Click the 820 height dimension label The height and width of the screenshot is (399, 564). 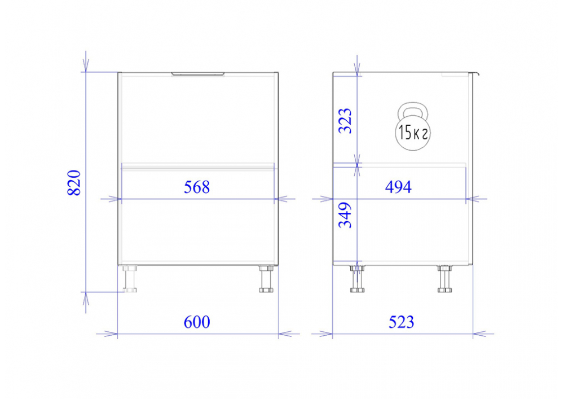pos(74,183)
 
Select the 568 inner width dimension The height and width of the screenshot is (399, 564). pos(197,187)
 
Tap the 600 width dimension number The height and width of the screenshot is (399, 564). pos(197,322)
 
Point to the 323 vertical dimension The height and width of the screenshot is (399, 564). pos(345,121)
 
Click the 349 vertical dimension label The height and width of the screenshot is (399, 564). pos(345,215)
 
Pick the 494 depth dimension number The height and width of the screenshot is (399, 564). pos(398,187)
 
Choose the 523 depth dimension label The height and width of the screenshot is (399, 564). pos(401,322)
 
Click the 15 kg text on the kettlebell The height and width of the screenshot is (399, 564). pos(413,133)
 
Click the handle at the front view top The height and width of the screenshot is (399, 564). pos(198,74)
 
